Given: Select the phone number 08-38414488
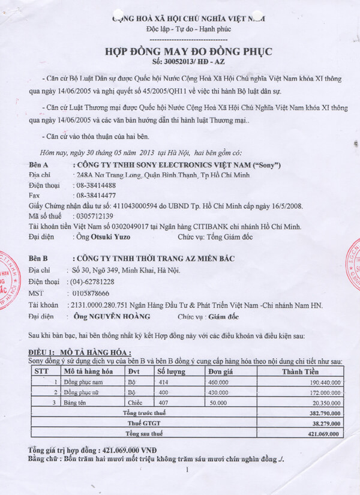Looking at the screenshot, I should [x=95, y=185].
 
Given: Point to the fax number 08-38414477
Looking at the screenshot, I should [x=95, y=196].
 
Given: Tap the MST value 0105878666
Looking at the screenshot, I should [x=89, y=293].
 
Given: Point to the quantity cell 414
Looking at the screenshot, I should [x=164, y=382].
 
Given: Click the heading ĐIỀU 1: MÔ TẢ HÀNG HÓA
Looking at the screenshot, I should [x=80, y=352].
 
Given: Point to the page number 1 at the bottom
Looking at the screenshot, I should [x=187, y=470].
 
